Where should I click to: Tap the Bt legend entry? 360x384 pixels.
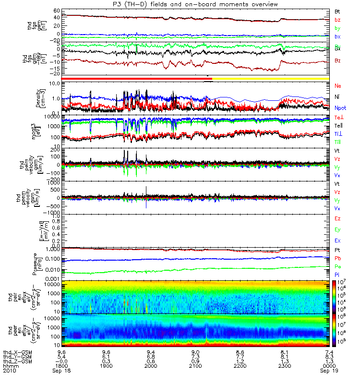pos(337,11)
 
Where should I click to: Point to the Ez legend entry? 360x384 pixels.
pos(337,218)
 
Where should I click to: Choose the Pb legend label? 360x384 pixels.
pos(337,258)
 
